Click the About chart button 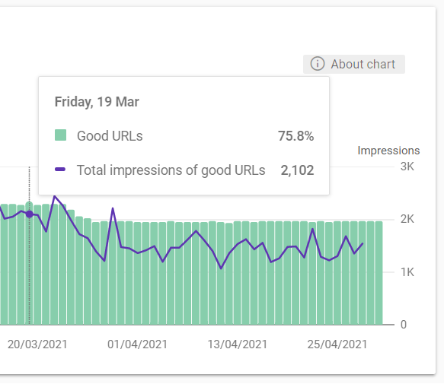tap(354, 64)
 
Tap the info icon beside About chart tap(317, 64)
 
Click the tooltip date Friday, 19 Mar tap(97, 102)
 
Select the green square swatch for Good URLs tap(60, 135)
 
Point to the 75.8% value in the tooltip tap(296, 136)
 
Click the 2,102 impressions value tap(297, 170)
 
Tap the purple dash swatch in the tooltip tap(60, 170)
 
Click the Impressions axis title tap(388, 151)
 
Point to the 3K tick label tap(407, 167)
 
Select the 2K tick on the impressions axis tap(407, 219)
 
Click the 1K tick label tap(407, 272)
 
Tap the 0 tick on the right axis tap(404, 325)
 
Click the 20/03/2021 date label tap(37, 344)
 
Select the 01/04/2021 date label tap(137, 344)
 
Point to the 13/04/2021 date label tap(238, 344)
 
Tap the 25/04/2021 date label tap(337, 344)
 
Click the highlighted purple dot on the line tap(30, 214)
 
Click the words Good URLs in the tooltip tap(110, 136)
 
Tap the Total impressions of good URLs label tap(171, 170)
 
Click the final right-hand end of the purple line tap(363, 243)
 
